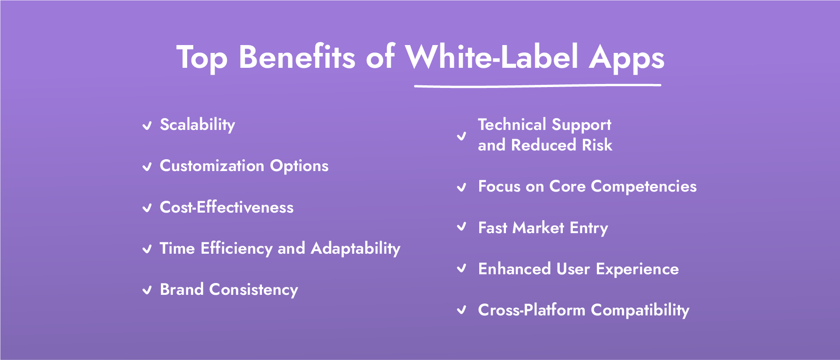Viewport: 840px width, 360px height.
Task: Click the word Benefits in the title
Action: pyautogui.click(x=297, y=57)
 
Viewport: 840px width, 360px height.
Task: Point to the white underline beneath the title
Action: pyautogui.click(x=537, y=86)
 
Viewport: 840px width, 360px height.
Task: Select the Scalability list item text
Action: pyautogui.click(x=197, y=125)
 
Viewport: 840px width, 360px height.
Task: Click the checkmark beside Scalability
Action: pyautogui.click(x=147, y=126)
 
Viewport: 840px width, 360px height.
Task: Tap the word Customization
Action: pyautogui.click(x=212, y=166)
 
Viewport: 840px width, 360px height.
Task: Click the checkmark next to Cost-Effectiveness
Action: pyautogui.click(x=147, y=208)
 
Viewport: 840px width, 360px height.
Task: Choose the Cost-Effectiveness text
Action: pyautogui.click(x=227, y=207)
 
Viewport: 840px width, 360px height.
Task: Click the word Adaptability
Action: pyautogui.click(x=356, y=248)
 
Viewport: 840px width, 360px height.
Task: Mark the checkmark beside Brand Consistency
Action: pyautogui.click(x=147, y=290)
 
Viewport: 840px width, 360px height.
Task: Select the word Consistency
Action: pyautogui.click(x=254, y=290)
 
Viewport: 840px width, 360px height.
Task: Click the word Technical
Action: pyautogui.click(x=512, y=125)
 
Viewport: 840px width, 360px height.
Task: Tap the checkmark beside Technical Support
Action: pyautogui.click(x=461, y=136)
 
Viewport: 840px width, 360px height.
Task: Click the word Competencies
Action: pyautogui.click(x=644, y=187)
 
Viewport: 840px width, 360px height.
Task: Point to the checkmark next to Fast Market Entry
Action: pyautogui.click(x=461, y=227)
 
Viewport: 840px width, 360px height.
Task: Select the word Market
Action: pyautogui.click(x=538, y=228)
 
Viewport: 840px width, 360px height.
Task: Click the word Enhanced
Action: pyautogui.click(x=514, y=269)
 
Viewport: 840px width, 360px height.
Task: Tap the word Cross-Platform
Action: pyautogui.click(x=531, y=310)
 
